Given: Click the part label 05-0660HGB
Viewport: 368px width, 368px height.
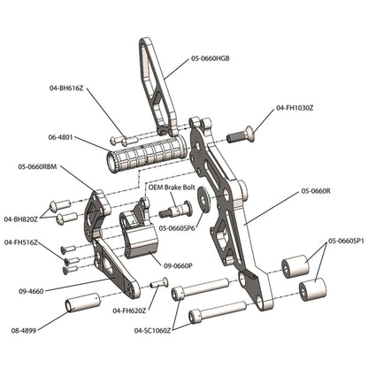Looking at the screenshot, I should (x=215, y=59).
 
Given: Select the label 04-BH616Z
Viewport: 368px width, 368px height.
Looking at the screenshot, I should (x=68, y=88).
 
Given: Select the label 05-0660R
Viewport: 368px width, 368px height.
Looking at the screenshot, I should (x=315, y=190).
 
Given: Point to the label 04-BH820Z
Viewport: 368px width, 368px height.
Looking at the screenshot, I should (x=22, y=218).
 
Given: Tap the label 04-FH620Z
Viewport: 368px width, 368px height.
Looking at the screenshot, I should (x=131, y=311).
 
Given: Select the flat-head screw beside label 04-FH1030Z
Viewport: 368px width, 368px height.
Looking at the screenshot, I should (x=241, y=134).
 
